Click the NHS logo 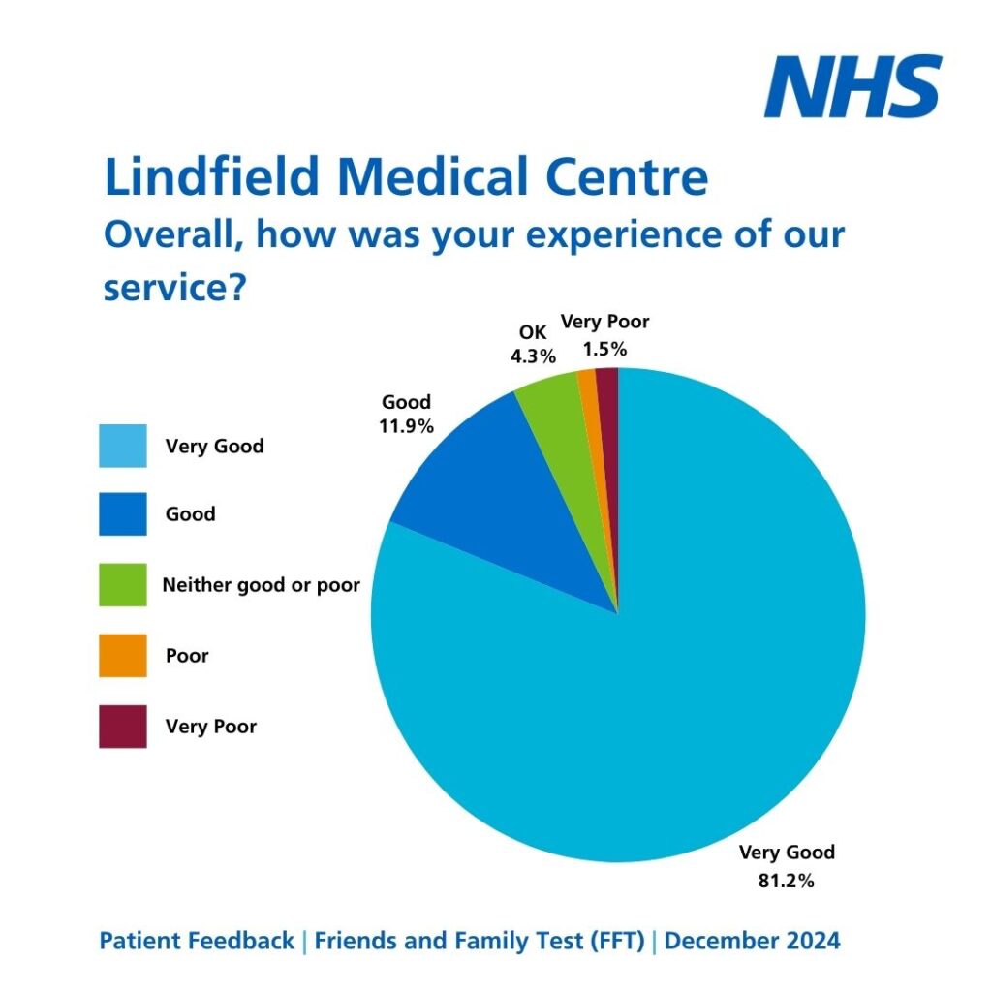[x=852, y=86]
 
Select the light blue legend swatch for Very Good [x=123, y=446]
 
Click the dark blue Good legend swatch [x=123, y=514]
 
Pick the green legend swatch [x=123, y=585]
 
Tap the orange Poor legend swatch [x=123, y=656]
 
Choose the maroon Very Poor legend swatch [x=123, y=727]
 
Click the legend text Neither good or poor [x=261, y=585]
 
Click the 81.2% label [x=786, y=882]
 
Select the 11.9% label [x=407, y=424]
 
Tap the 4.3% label [x=534, y=356]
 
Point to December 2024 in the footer [x=753, y=941]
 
